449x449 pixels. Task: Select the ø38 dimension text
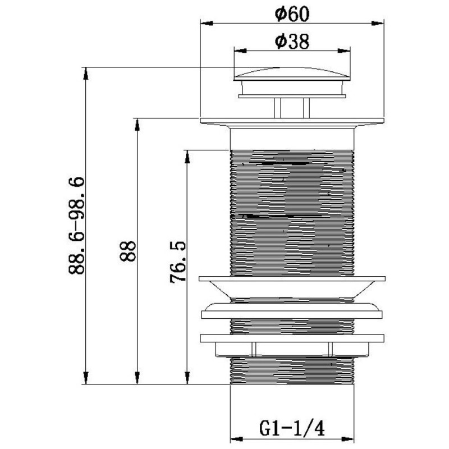pyautogui.click(x=292, y=42)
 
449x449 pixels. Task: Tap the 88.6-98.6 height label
pyautogui.click(x=77, y=226)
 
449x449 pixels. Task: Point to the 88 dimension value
pyautogui.click(x=127, y=251)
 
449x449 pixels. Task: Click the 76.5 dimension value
pyautogui.click(x=178, y=263)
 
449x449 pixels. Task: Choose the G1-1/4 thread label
pyautogui.click(x=292, y=429)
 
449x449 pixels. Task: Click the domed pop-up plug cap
pyautogui.click(x=292, y=74)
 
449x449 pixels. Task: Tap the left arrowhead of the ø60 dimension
pyautogui.click(x=207, y=24)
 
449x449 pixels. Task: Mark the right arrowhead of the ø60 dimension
pyautogui.click(x=377, y=24)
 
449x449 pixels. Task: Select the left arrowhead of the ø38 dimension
pyautogui.click(x=241, y=51)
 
